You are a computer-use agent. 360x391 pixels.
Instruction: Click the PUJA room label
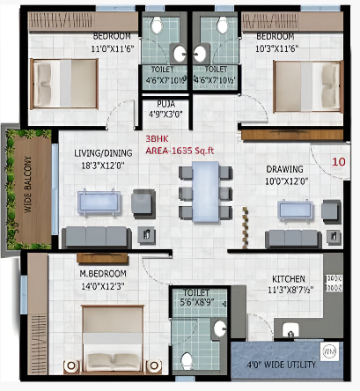[x=165, y=104]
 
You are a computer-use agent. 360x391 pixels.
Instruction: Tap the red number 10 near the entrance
[x=338, y=162]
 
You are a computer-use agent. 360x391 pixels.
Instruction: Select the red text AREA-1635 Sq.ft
[x=180, y=151]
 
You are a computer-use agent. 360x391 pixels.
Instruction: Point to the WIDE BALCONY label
[x=27, y=184]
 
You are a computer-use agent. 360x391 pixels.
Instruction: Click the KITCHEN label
[x=289, y=279]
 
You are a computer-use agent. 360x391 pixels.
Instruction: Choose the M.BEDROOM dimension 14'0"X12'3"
[x=103, y=286]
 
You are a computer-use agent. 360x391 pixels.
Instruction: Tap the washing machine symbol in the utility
[x=330, y=351]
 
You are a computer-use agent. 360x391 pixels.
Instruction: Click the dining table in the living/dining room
[x=206, y=192]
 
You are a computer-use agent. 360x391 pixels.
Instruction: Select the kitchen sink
[x=290, y=329]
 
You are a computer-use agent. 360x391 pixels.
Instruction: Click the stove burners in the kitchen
[x=334, y=283]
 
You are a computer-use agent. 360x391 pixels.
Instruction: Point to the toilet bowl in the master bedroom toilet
[x=187, y=361]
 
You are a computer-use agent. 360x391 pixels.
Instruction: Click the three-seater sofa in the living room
[x=97, y=237]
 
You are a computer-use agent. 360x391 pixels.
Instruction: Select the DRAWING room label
[x=284, y=169]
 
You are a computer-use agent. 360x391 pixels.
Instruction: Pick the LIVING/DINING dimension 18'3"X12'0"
[x=103, y=166]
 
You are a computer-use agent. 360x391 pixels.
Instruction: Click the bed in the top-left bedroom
[x=64, y=84]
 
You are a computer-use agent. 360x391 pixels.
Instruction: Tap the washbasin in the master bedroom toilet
[x=219, y=328]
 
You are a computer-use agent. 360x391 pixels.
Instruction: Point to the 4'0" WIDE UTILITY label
[x=281, y=365]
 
